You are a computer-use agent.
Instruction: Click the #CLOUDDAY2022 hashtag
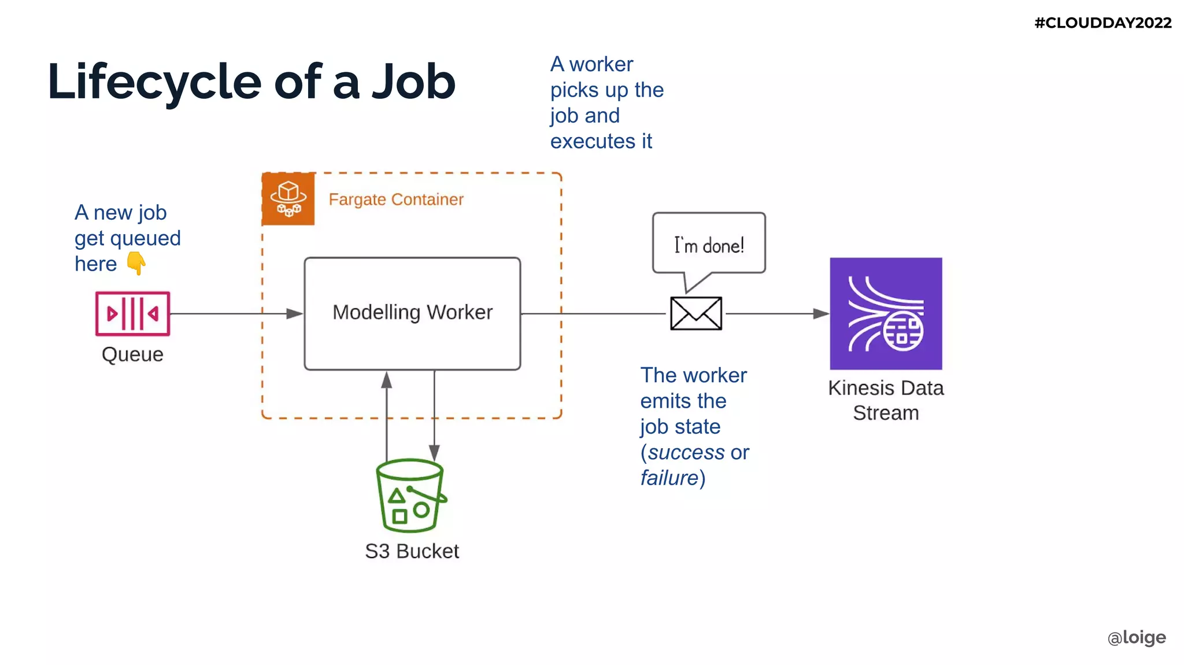pos(1102,23)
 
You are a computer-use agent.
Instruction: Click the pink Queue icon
pos(132,313)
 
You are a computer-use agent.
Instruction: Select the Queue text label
pos(132,354)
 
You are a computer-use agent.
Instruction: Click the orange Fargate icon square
pos(288,198)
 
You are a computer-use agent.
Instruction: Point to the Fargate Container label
pos(396,199)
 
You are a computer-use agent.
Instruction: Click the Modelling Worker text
pos(412,312)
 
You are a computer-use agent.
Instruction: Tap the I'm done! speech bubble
pos(709,245)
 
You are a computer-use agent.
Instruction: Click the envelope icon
pos(696,313)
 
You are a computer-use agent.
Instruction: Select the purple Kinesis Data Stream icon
pos(886,313)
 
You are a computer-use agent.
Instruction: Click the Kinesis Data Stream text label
pos(886,400)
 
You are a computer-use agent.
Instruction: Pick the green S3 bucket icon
pos(410,496)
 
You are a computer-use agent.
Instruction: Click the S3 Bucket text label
pos(412,551)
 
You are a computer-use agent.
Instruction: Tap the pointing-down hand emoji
pos(136,264)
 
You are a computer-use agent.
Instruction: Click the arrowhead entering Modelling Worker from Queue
pos(295,313)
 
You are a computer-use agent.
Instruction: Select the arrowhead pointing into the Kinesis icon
pos(821,313)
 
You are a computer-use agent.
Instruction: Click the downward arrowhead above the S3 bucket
pos(434,452)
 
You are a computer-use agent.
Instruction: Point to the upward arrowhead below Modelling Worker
pos(387,380)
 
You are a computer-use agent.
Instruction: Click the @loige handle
pos(1136,637)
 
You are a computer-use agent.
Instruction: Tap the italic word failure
pos(669,478)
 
